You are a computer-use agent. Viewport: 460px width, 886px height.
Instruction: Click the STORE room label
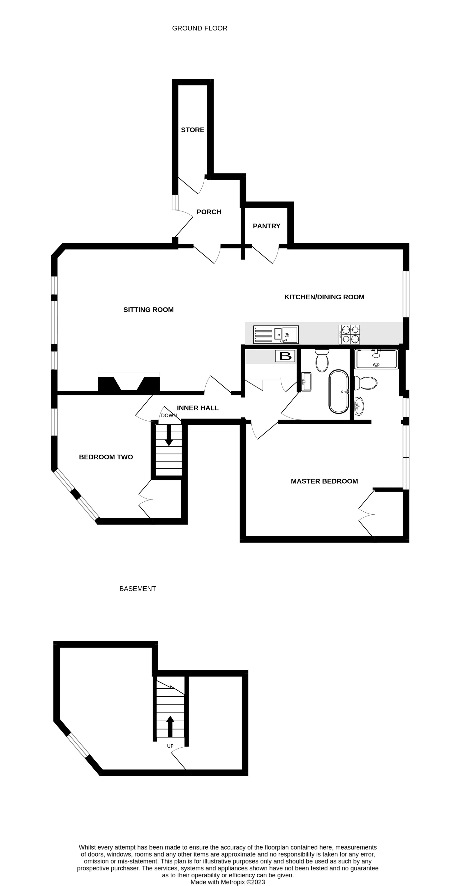click(193, 130)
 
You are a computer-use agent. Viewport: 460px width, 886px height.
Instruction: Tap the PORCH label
click(209, 212)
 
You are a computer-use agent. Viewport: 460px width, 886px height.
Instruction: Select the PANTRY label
click(266, 226)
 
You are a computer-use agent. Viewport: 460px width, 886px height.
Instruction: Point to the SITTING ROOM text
click(148, 310)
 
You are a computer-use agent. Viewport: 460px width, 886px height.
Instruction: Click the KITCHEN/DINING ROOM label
click(324, 297)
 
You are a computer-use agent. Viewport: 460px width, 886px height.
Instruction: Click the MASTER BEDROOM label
click(324, 481)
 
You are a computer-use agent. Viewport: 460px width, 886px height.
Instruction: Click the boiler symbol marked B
click(285, 356)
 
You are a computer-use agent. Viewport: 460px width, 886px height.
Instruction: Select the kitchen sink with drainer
click(276, 334)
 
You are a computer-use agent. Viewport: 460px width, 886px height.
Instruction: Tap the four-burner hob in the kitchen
click(349, 334)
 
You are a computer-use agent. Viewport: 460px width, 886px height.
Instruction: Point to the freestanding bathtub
click(339, 391)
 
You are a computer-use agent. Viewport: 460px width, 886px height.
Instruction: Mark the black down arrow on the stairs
click(169, 435)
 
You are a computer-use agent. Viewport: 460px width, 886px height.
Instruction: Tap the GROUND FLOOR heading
click(200, 28)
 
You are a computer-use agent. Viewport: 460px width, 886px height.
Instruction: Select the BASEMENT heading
click(138, 589)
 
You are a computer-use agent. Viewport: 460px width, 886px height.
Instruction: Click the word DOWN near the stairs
click(169, 416)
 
